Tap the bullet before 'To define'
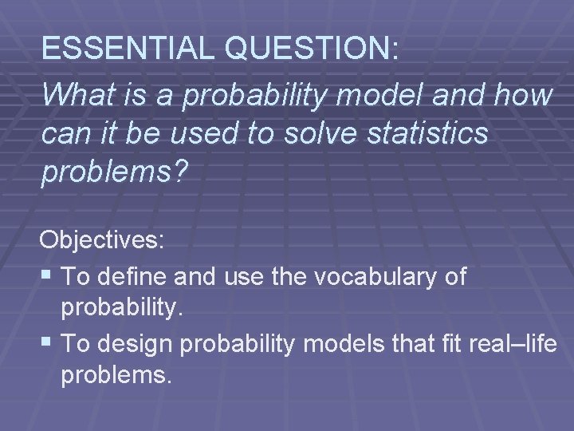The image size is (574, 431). [49, 276]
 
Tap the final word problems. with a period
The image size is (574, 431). [116, 376]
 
